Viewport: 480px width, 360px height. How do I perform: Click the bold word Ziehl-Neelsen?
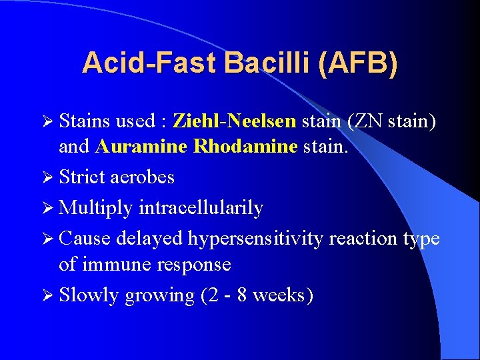(235, 121)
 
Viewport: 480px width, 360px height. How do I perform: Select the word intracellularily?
(201, 208)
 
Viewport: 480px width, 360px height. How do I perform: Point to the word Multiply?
(96, 208)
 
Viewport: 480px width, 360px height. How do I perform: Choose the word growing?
(162, 295)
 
